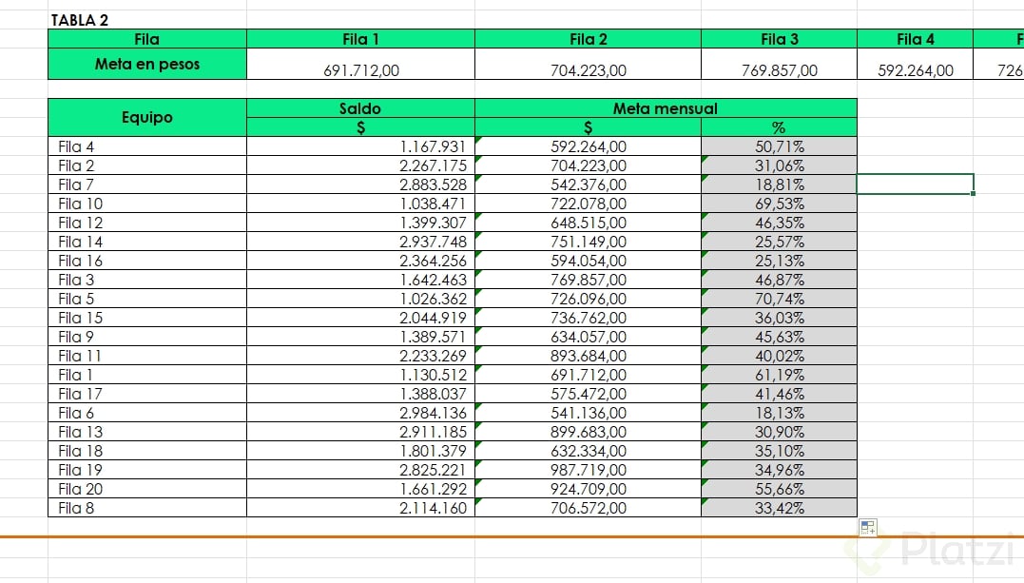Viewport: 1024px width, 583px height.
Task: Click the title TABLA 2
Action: [x=79, y=20]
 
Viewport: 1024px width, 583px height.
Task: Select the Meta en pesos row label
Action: [x=147, y=65]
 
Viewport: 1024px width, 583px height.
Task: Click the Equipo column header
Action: [x=147, y=117]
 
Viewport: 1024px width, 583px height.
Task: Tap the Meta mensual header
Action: [x=665, y=108]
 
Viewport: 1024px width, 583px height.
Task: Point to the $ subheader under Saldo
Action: [x=360, y=127]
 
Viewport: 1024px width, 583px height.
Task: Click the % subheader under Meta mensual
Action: [x=779, y=127]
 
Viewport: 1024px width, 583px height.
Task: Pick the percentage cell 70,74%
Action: [x=779, y=299]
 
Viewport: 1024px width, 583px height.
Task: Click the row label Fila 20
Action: [x=80, y=489]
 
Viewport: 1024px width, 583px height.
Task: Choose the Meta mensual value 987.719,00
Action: [x=589, y=470]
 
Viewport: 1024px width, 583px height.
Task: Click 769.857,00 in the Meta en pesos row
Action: [x=779, y=69]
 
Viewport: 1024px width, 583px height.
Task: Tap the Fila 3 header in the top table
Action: [x=779, y=39]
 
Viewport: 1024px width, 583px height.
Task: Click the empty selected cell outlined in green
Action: [x=915, y=184]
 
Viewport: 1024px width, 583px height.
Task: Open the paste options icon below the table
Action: [x=867, y=528]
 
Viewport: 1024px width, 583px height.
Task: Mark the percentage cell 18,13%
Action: [x=779, y=413]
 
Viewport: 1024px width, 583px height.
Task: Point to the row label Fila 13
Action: [x=80, y=432]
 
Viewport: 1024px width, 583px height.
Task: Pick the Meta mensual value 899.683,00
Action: [x=589, y=432]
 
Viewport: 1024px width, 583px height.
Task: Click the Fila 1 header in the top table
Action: [x=360, y=39]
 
